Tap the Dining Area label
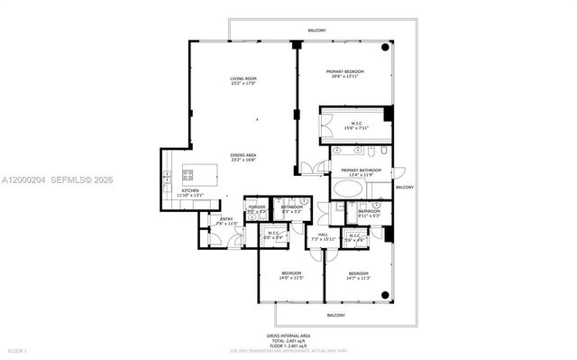point(243,155)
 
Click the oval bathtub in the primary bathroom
point(347,189)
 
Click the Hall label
point(322,236)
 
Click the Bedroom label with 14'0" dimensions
point(290,274)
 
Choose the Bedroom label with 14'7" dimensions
point(358,274)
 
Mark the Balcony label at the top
point(316,31)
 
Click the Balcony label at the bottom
point(335,315)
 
